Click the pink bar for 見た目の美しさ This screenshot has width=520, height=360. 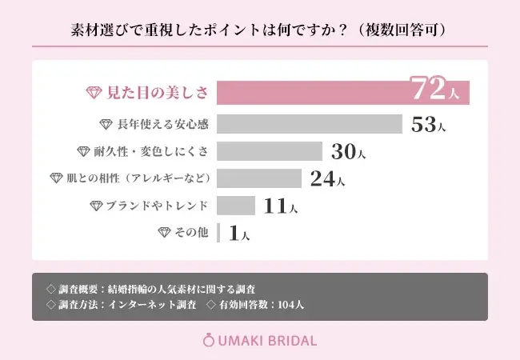point(312,92)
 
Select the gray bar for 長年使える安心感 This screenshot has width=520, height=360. point(309,124)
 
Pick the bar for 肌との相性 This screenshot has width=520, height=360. point(258,178)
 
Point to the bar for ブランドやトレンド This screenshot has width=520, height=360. point(236,206)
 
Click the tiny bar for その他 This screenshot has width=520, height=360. point(218,233)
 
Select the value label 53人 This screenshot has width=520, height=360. point(427,125)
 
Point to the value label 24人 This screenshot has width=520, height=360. point(327,178)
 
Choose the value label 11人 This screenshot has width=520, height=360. point(281,206)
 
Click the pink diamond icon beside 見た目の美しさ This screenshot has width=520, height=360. point(94,92)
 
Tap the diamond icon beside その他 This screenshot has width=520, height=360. point(165,233)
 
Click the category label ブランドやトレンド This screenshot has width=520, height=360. point(157,206)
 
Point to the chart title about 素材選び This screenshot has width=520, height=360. point(259,30)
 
